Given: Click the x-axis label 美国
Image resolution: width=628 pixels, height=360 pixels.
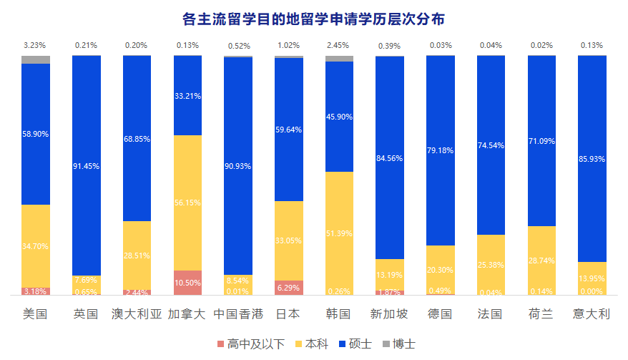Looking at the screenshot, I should click(35, 314).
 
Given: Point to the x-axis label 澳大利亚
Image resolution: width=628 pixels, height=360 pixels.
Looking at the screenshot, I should click(137, 314).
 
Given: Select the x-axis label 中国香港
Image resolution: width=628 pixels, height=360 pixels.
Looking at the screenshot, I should click(237, 314).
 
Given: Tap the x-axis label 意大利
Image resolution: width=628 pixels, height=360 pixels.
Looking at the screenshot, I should click(592, 314).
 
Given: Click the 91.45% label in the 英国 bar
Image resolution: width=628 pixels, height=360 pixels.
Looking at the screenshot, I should click(86, 166).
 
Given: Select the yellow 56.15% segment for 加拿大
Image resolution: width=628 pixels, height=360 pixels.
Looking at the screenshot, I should click(187, 203).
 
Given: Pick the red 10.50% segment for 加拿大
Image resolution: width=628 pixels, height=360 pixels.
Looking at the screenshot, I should click(187, 283).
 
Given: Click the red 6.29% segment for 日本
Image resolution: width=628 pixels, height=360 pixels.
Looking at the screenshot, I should click(288, 288).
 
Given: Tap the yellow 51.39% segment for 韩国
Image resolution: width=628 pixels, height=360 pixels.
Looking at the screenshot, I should click(339, 233).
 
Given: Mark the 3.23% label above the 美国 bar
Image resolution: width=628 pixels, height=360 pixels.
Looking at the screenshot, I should click(35, 46).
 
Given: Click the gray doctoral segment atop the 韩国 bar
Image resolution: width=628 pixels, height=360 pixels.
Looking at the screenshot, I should click(339, 59).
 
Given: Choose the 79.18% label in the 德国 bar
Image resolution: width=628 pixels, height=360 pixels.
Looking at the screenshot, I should click(440, 151).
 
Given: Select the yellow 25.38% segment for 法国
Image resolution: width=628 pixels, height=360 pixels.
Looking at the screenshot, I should click(491, 265).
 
